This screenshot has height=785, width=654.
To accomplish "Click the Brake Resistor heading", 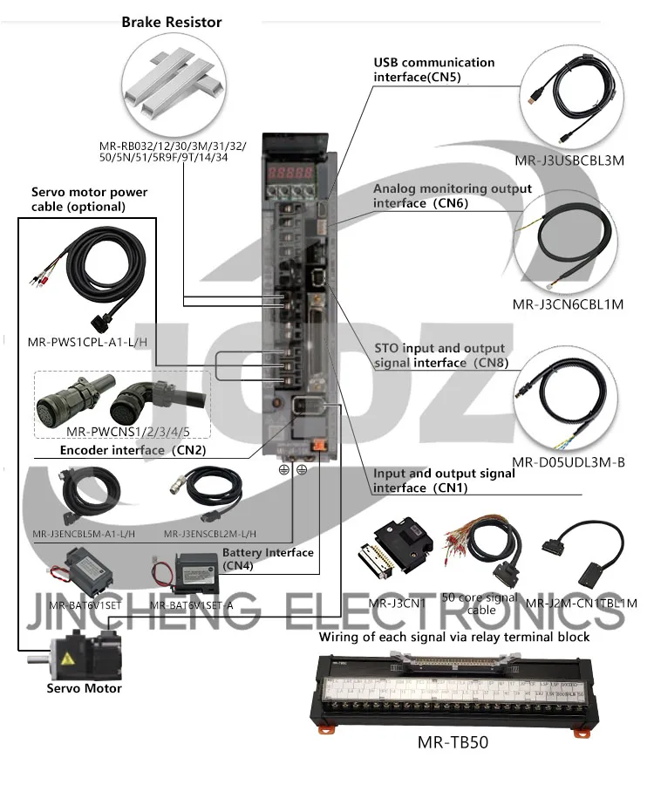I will pos(171,22).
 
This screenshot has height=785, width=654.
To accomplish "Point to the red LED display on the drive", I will pos(294,173).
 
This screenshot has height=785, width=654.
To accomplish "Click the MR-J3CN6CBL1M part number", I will pos(569,304).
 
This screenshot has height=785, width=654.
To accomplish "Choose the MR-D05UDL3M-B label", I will pos(569,462).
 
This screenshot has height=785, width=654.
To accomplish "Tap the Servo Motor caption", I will pos(84,688).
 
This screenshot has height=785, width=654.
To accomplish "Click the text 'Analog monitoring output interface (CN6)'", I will pos(452,196).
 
